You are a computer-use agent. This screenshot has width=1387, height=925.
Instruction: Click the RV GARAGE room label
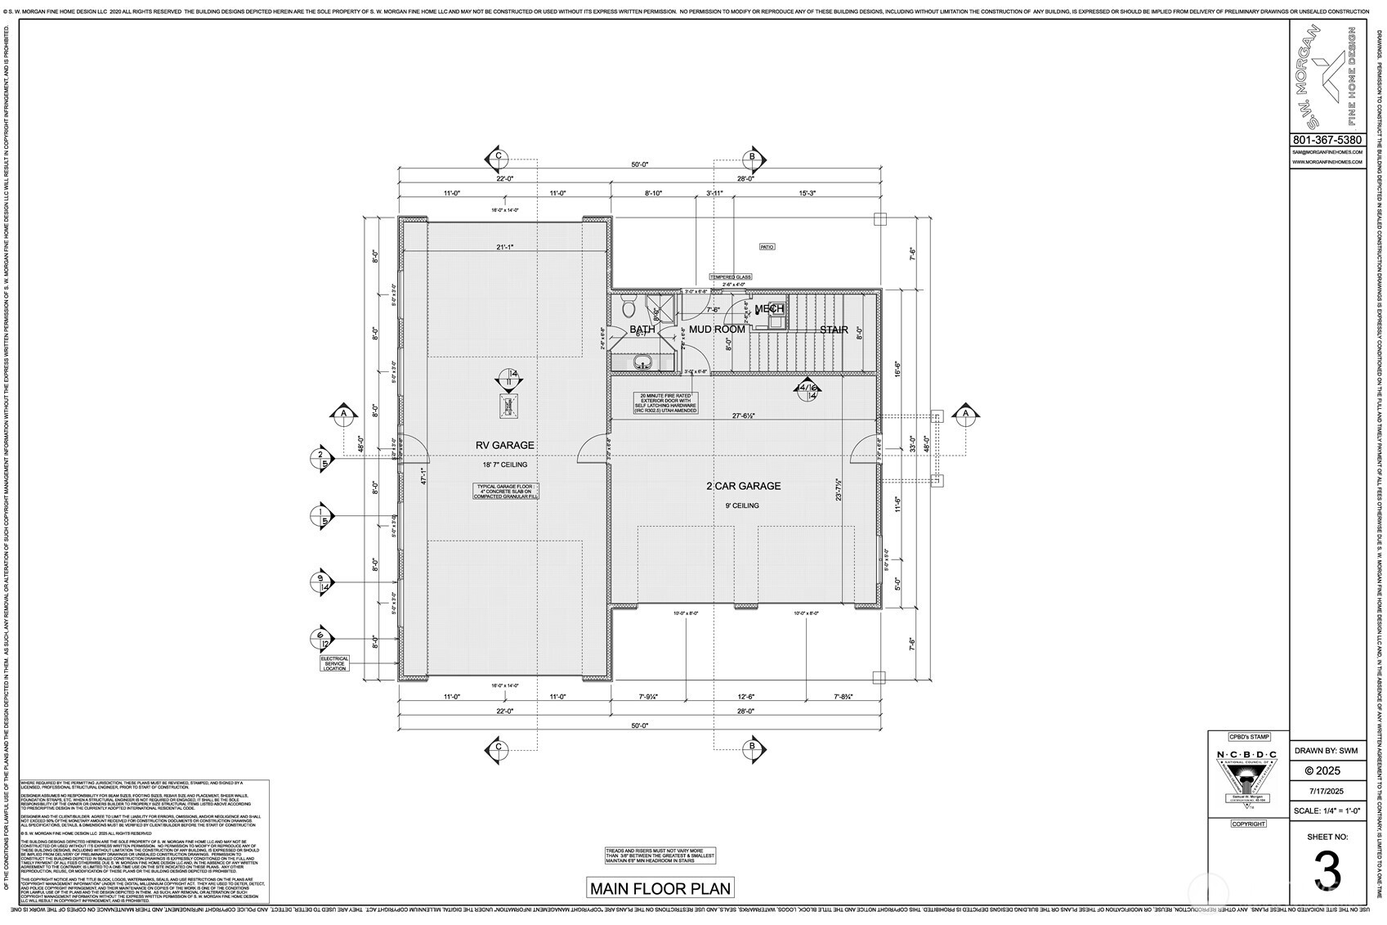pyautogui.click(x=505, y=445)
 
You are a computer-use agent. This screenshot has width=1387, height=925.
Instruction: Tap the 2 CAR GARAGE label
pyautogui.click(x=743, y=486)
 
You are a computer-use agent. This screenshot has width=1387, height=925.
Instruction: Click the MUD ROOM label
pyautogui.click(x=717, y=330)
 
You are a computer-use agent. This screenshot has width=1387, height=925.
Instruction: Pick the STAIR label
pyautogui.click(x=834, y=330)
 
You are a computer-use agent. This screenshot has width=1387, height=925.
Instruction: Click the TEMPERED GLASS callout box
pyautogui.click(x=730, y=277)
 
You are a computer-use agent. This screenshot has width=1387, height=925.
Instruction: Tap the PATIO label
pyautogui.click(x=767, y=246)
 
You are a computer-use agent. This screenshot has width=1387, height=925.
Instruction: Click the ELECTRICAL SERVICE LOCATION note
pyautogui.click(x=334, y=663)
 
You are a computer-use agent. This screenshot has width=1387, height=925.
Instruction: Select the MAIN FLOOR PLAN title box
pyautogui.click(x=660, y=887)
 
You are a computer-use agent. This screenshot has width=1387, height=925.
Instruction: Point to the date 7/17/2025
pyautogui.click(x=1327, y=791)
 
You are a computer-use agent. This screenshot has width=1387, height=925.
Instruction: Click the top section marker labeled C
pyautogui.click(x=497, y=158)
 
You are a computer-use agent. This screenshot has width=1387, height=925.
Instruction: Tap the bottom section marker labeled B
pyautogui.click(x=752, y=746)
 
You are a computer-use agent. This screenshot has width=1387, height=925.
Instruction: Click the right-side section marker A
pyautogui.click(x=966, y=415)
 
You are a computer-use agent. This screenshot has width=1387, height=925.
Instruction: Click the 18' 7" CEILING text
pyautogui.click(x=504, y=465)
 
